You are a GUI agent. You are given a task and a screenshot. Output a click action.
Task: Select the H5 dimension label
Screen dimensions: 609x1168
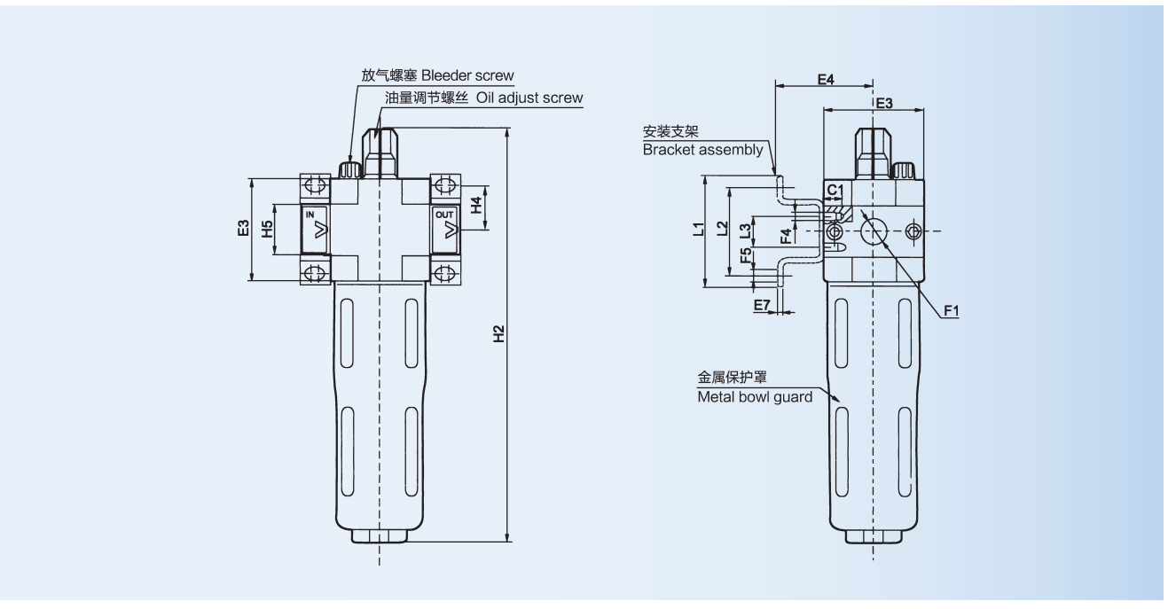pyautogui.click(x=265, y=230)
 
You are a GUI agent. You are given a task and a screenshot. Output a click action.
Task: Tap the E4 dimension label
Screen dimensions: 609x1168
pyautogui.click(x=825, y=80)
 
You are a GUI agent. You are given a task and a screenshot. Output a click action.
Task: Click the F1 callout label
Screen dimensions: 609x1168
pyautogui.click(x=952, y=311)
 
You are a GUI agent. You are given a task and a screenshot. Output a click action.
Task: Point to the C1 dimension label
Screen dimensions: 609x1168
pyautogui.click(x=833, y=191)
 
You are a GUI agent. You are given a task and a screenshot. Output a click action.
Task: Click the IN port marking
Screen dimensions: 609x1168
pyautogui.click(x=310, y=215)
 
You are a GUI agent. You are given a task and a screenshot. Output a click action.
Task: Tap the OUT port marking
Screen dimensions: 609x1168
pyautogui.click(x=443, y=215)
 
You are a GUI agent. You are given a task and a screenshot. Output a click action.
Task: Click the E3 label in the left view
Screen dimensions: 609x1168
pyautogui.click(x=242, y=230)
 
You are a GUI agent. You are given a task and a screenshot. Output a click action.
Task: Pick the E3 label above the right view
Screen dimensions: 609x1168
pyautogui.click(x=883, y=103)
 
